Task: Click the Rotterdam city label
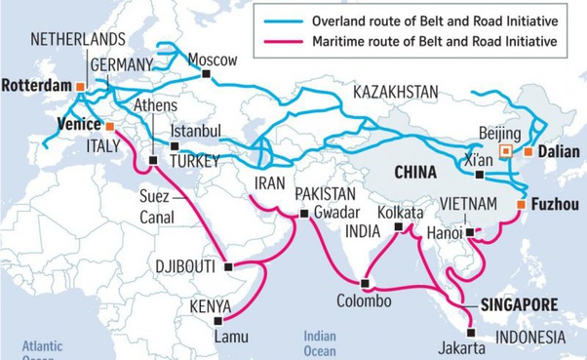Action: [36, 86]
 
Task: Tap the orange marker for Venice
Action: [110, 126]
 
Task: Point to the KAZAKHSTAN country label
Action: [395, 92]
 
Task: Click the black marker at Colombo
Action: [364, 284]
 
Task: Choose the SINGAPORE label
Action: [520, 304]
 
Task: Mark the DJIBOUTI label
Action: [188, 265]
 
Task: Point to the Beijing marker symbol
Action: [504, 151]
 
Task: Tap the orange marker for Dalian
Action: [528, 151]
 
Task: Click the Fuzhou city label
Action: [555, 204]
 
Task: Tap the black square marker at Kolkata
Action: [399, 230]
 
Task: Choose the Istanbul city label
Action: [196, 131]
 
